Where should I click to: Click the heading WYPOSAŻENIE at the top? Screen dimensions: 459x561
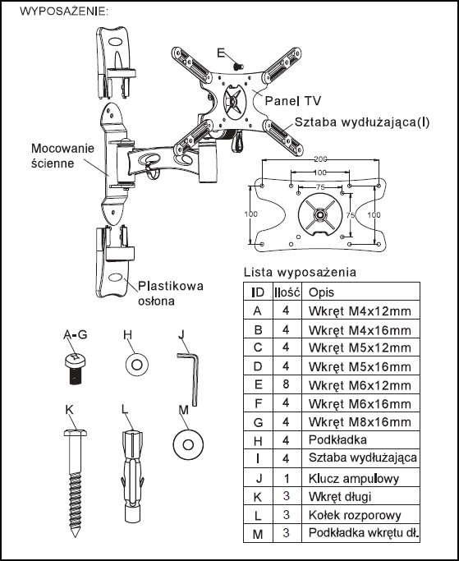click(x=63, y=11)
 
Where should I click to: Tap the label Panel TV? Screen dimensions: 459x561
click(x=292, y=101)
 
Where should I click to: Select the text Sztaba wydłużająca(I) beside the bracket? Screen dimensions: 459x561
click(x=361, y=122)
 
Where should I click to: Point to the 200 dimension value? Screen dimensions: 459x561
click(x=320, y=159)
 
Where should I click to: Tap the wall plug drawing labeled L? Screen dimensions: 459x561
click(x=132, y=476)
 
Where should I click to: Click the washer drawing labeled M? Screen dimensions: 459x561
click(x=188, y=444)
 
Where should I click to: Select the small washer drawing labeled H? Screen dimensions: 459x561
click(x=137, y=365)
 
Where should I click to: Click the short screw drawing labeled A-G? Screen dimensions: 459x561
click(x=76, y=368)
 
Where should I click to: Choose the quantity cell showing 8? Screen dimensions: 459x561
click(x=286, y=384)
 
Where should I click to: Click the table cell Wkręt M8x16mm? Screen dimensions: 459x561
click(x=360, y=422)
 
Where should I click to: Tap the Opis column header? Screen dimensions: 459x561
click(x=321, y=292)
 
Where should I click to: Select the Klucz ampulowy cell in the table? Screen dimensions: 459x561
click(x=353, y=478)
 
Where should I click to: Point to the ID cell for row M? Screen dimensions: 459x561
click(x=258, y=534)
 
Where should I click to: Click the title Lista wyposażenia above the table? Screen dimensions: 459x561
click(x=300, y=272)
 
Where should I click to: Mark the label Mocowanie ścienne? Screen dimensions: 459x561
click(x=62, y=155)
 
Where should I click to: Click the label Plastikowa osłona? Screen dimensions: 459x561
click(x=171, y=293)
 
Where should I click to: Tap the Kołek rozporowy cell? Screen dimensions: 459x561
click(x=355, y=515)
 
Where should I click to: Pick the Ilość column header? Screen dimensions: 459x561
click(x=287, y=292)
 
